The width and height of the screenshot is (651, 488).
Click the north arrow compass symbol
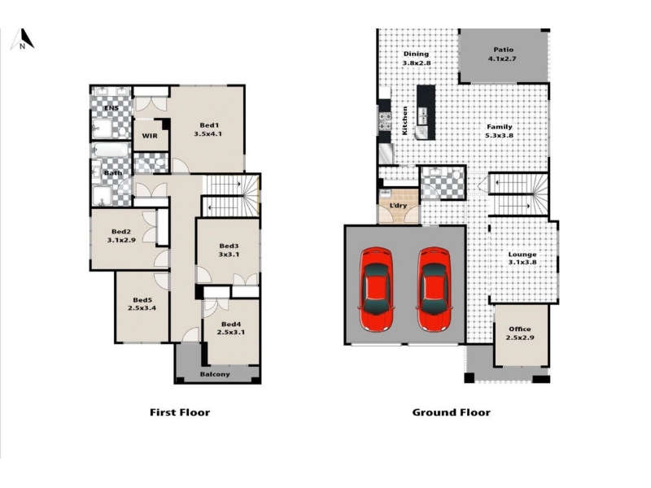pos(23,39)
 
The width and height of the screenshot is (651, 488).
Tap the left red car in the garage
pos(376,290)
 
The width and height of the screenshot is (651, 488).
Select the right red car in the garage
pos(435,290)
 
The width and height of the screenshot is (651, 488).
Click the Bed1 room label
pos(209,125)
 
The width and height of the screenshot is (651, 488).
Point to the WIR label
pos(150,136)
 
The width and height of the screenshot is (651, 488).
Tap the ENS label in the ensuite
pos(111,108)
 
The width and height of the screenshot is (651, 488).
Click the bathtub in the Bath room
pos(111,150)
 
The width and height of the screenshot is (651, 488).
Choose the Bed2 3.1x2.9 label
pos(121,236)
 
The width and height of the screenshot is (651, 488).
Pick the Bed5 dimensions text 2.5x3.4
pos(142,308)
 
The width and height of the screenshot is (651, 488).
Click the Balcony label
pos(215,374)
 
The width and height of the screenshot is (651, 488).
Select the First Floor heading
pos(180,412)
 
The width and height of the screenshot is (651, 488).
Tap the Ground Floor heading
pos(452,412)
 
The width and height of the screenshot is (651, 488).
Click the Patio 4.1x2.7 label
pos(503,54)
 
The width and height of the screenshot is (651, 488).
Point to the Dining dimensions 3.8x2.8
pos(417,63)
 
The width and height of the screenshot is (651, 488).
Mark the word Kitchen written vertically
pos(404,120)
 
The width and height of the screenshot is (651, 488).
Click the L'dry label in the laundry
pos(398,206)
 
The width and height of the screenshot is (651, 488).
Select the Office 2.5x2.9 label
pos(520,333)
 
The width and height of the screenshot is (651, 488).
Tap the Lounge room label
pos(522,255)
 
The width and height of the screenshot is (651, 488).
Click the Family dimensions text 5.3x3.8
pos(500,135)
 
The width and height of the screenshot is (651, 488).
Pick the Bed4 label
pos(231,324)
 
